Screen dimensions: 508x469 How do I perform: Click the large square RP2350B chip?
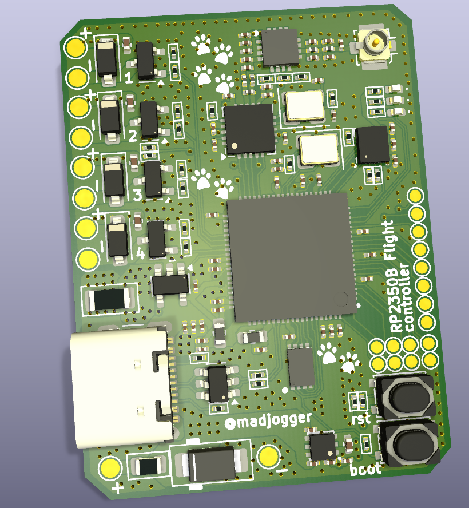(291, 256)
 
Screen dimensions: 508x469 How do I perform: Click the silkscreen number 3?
(137, 195)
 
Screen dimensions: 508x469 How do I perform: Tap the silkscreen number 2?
(133, 136)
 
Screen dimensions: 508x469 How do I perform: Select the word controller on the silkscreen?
(407, 297)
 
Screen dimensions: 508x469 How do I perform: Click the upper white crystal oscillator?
(305, 106)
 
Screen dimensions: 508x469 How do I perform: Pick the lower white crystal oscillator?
(319, 150)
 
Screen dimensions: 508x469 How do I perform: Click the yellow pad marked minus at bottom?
(268, 456)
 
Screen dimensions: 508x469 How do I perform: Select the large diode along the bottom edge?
(211, 464)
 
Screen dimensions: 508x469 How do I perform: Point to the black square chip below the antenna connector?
(373, 144)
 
